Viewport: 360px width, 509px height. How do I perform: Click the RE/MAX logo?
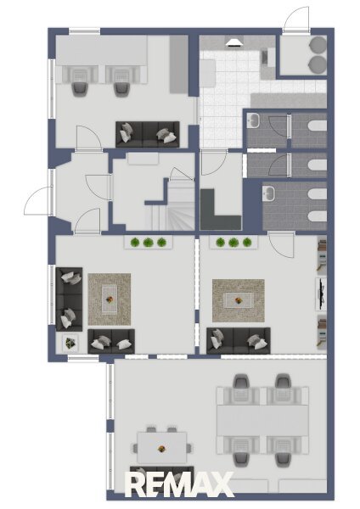179,484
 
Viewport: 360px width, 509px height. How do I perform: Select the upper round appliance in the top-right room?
318,44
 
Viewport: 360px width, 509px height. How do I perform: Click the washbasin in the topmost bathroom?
252,120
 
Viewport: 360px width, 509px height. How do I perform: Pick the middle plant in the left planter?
148,242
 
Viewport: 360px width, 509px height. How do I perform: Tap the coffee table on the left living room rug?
110,299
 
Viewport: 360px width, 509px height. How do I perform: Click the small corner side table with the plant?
70,342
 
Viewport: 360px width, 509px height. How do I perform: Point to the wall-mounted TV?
322,294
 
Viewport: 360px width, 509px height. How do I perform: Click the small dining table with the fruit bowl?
162,447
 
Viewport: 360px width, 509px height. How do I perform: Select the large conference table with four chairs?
263,421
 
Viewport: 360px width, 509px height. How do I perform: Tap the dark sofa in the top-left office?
148,134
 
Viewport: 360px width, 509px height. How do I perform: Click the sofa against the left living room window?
70,299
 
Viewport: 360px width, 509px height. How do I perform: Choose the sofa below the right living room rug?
239,340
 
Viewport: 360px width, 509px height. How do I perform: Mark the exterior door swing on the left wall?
37,200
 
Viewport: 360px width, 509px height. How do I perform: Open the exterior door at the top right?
296,20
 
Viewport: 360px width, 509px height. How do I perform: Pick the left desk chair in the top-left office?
80,89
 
